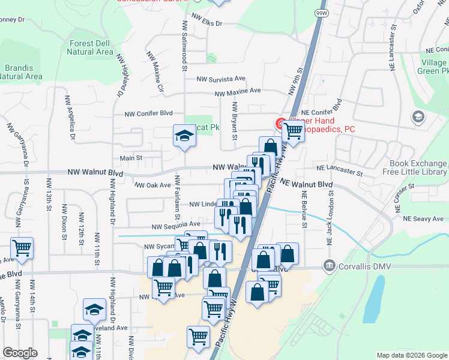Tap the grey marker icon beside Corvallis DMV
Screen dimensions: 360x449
(328, 265)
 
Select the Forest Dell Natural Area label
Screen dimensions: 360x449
(91, 47)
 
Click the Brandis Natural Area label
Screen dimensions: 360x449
(21, 72)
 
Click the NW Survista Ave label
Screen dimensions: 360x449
(221, 79)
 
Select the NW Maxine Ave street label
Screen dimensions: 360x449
(238, 91)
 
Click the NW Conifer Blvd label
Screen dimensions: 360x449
(148, 113)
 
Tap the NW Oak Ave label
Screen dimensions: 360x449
(152, 185)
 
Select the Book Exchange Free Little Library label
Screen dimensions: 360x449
(418, 167)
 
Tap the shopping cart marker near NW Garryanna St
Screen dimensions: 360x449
(22, 248)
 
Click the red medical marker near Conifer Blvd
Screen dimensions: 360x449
(280, 124)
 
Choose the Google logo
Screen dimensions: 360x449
(20, 353)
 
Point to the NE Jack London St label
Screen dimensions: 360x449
(330, 215)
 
